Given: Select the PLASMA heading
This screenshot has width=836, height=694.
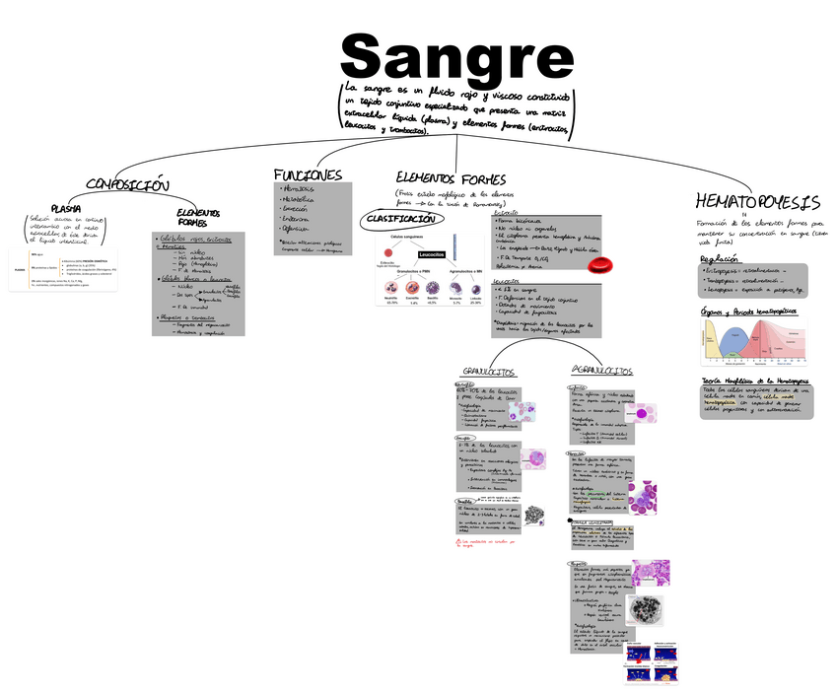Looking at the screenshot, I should point(66,208).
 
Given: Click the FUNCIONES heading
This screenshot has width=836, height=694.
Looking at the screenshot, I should point(308,174).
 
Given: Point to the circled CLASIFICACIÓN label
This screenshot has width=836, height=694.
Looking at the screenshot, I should point(399,219).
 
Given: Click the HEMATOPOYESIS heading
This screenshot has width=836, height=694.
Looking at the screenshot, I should point(757,202).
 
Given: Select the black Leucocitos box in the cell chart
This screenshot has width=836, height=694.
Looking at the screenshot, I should point(432,254).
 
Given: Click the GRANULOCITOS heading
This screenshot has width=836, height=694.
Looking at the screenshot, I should point(489,372).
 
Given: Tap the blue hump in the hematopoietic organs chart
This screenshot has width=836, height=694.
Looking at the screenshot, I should point(731,341).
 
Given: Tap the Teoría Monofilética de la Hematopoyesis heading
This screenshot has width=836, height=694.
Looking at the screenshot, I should point(755,381).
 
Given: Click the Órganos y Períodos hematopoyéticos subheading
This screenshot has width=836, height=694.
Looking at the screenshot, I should point(748,312).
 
